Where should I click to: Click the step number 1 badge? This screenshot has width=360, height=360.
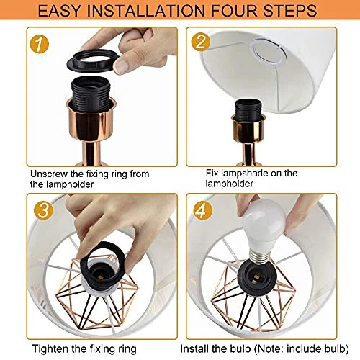pyautogui.click(x=40, y=44)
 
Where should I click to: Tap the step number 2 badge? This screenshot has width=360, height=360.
pyautogui.click(x=201, y=42)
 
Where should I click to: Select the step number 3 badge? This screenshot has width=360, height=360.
pyautogui.click(x=43, y=210)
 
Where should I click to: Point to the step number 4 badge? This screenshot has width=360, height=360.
pyautogui.click(x=203, y=210)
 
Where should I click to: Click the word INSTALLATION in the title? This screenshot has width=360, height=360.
pyautogui.click(x=146, y=11)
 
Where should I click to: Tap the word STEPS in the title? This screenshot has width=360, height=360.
pyautogui.click(x=290, y=11)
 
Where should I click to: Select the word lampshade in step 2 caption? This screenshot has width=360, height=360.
pyautogui.click(x=244, y=173)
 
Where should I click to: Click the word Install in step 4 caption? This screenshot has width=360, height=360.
pyautogui.click(x=194, y=348)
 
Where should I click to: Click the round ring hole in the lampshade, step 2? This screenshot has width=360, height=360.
pyautogui.click(x=269, y=52)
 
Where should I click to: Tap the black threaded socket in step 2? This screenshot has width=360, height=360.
pyautogui.click(x=248, y=110)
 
